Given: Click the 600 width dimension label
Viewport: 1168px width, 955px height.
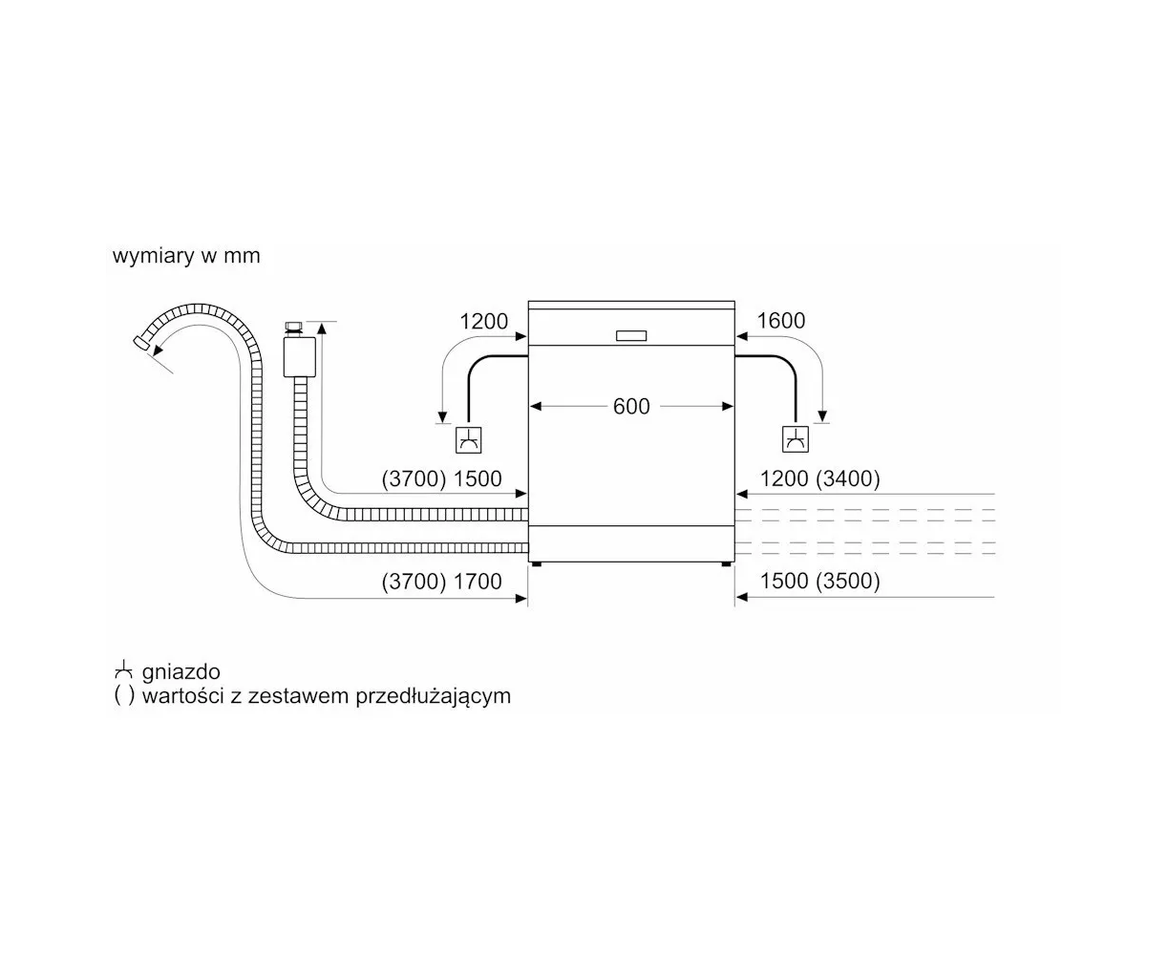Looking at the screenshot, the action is (631, 407).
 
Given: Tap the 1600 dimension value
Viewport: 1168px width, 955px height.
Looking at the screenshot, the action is (781, 321).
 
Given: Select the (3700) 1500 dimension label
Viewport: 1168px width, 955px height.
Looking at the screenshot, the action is (441, 478).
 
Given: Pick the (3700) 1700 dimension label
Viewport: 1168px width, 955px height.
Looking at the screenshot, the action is (441, 581).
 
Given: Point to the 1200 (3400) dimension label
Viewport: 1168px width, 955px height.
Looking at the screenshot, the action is (819, 478).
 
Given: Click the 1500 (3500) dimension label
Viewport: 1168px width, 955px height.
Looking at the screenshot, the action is (819, 581).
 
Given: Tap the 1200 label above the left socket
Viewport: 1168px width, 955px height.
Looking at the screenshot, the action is (483, 321).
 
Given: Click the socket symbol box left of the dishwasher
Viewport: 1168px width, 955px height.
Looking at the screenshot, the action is (468, 440).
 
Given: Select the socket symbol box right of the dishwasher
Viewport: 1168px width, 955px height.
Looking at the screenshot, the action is (796, 439).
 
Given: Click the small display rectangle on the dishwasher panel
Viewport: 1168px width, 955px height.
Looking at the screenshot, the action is (631, 336).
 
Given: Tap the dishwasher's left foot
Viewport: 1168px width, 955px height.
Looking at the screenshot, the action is (536, 563).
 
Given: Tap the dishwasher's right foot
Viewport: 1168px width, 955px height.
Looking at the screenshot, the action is (726, 563).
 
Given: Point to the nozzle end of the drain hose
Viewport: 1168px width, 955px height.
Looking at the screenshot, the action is (141, 342).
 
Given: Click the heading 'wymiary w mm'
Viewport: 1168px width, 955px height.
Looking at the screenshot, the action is (186, 256).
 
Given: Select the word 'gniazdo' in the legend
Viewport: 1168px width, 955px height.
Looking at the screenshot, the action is (181, 672).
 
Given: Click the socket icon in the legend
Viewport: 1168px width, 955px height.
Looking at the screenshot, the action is (123, 670).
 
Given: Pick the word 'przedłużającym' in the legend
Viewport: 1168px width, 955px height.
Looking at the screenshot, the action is (433, 696).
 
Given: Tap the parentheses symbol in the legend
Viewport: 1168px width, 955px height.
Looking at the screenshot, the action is (124, 696).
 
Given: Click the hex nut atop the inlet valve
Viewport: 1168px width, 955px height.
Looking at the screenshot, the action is (293, 327).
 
